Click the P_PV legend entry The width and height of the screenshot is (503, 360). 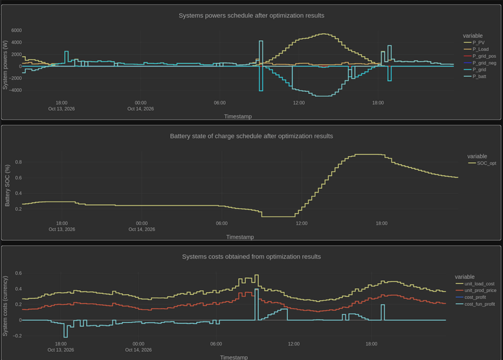pyautogui.click(x=474, y=42)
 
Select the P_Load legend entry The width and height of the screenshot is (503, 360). pyautogui.click(x=476, y=49)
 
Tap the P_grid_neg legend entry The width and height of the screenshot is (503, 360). pyautogui.click(x=480, y=63)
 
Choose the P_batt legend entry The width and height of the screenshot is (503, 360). pyautogui.click(x=475, y=76)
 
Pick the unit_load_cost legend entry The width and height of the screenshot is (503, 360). pyautogui.click(x=475, y=284)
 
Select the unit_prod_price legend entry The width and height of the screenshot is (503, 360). pyautogui.click(x=476, y=290)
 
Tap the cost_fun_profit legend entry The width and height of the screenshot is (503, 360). pyautogui.click(x=475, y=304)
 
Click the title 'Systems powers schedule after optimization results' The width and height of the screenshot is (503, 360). pyautogui.click(x=251, y=15)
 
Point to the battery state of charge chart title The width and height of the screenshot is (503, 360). pyautogui.click(x=251, y=136)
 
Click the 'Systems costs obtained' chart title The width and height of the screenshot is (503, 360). pyautogui.click(x=251, y=257)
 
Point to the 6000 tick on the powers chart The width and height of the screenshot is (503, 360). pyautogui.click(x=16, y=30)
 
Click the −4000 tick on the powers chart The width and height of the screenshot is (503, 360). pyautogui.click(x=15, y=90)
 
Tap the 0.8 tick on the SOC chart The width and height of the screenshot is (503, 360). pyautogui.click(x=18, y=162)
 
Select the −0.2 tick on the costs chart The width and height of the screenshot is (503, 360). pyautogui.click(x=18, y=336)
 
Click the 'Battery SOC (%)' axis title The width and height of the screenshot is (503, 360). pyautogui.click(x=8, y=186)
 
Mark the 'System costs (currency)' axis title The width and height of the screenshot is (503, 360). pyautogui.click(x=5, y=306)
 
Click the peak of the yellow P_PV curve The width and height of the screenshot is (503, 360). pyautogui.click(x=324, y=34)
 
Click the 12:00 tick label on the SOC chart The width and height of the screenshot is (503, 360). pyautogui.click(x=302, y=223)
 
